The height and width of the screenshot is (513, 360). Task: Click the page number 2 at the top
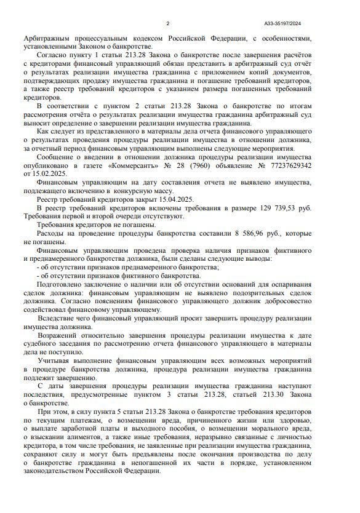167,24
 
